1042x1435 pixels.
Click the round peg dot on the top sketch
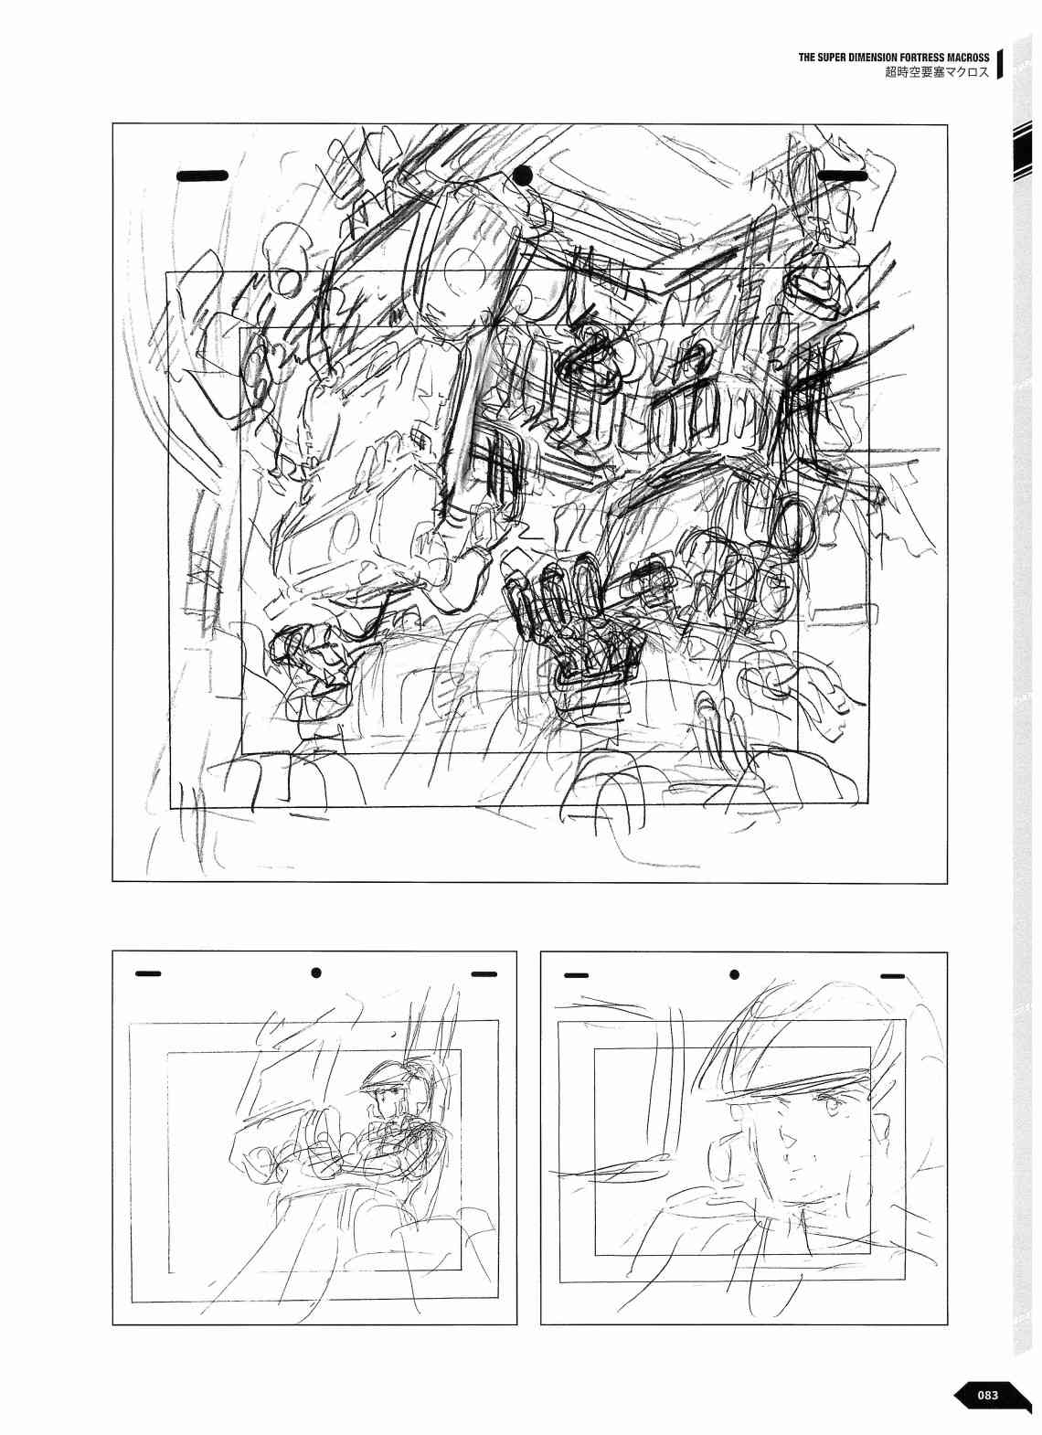(x=525, y=175)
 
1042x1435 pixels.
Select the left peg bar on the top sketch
(x=202, y=175)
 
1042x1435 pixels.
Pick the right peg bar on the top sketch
(x=844, y=175)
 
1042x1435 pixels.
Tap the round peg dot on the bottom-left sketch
(x=315, y=991)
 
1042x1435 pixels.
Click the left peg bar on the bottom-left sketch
(x=149, y=992)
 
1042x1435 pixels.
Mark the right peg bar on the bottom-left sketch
(x=484, y=993)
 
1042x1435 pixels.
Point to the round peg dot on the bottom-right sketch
(x=734, y=993)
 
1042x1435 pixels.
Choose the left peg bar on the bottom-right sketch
(x=576, y=994)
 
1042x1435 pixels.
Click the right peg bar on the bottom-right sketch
(x=893, y=994)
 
